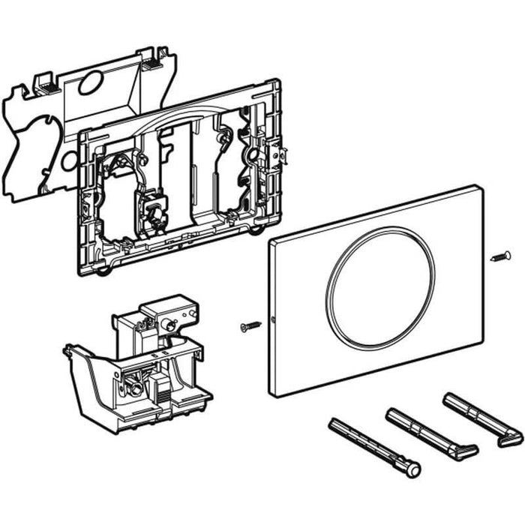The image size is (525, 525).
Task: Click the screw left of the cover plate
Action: click(x=249, y=325)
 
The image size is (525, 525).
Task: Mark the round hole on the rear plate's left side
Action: click(x=69, y=160)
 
